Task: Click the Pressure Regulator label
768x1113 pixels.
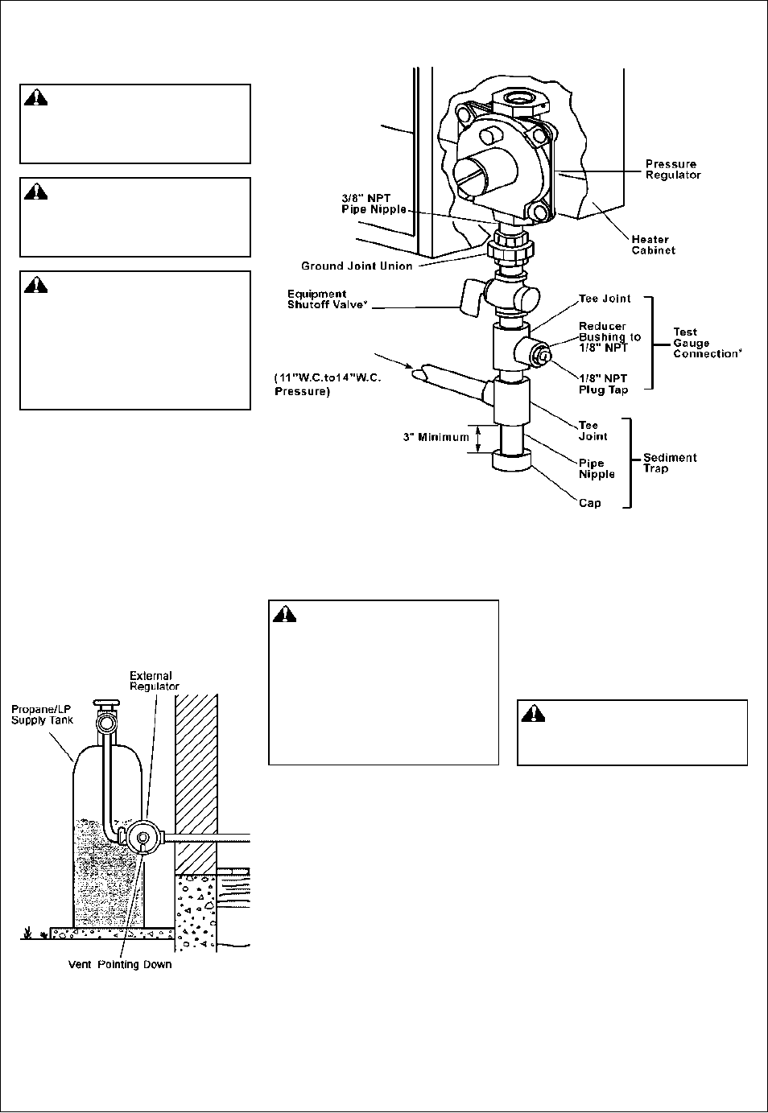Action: [x=672, y=170]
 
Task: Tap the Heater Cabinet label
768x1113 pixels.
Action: [x=653, y=245]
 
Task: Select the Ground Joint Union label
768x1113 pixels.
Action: [x=357, y=266]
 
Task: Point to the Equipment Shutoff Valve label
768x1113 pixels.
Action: [x=327, y=299]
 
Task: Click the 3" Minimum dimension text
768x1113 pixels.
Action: [x=436, y=437]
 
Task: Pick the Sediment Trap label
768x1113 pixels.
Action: [x=670, y=463]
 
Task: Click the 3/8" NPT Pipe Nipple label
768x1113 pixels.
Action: [x=374, y=204]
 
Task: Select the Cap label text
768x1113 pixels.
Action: [x=589, y=503]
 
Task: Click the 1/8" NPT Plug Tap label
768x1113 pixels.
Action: [x=603, y=385]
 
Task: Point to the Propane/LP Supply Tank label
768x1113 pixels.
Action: [x=42, y=715]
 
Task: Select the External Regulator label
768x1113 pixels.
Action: [x=154, y=681]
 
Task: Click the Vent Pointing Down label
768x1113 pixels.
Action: [x=120, y=964]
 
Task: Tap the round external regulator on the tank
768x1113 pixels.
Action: [x=143, y=837]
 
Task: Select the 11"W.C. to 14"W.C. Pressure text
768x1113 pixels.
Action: [x=328, y=385]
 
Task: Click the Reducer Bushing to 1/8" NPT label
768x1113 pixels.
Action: [x=610, y=337]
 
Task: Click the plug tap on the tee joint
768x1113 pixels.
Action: [x=542, y=355]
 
